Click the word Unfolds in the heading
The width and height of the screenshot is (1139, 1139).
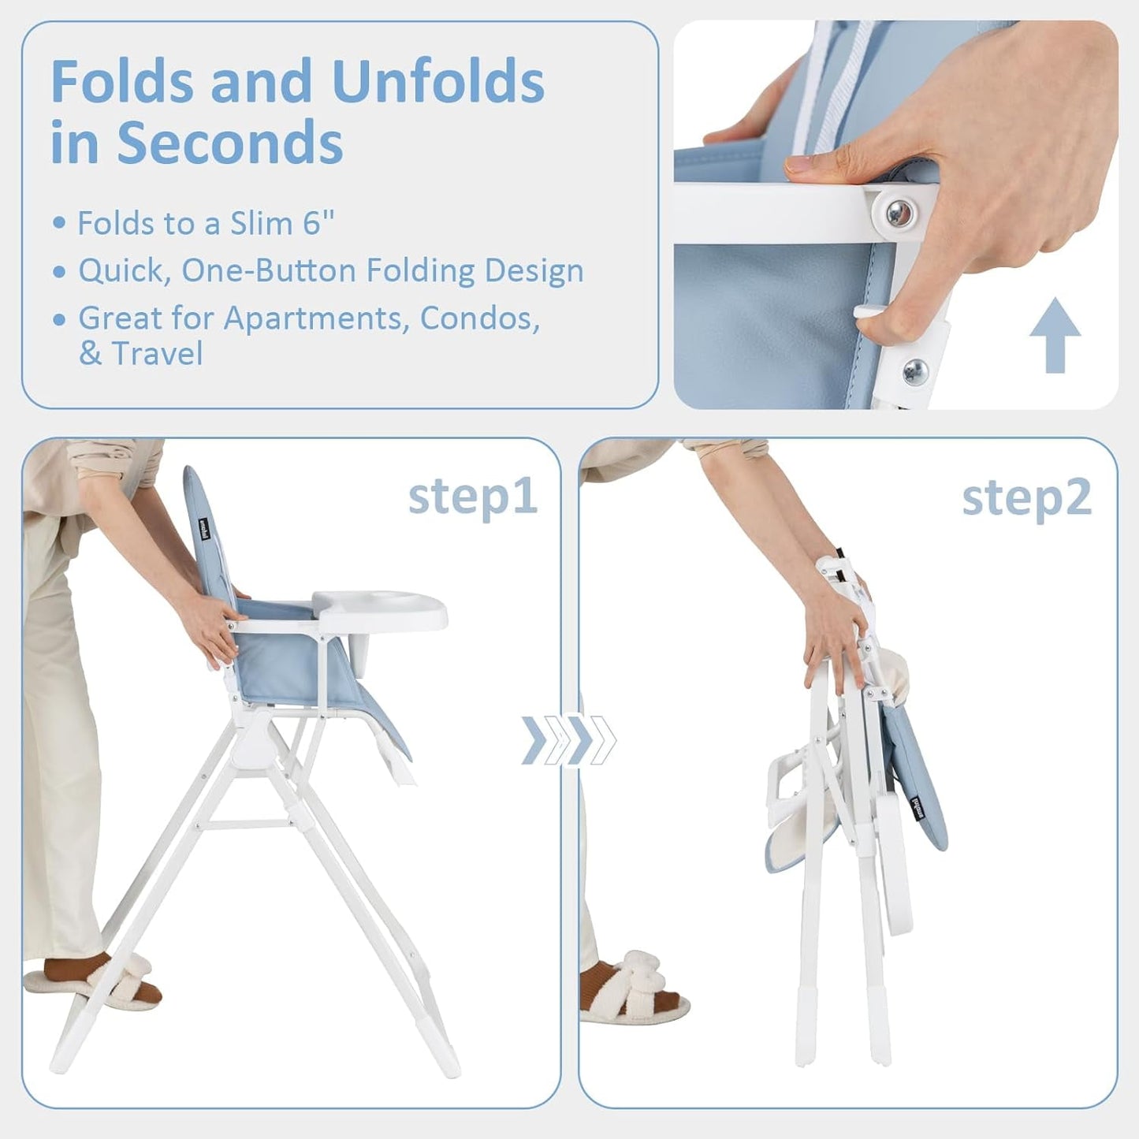(438, 81)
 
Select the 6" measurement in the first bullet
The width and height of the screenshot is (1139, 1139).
(318, 223)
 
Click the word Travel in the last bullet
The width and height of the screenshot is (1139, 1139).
(157, 353)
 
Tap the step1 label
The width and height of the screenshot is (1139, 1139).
(472, 497)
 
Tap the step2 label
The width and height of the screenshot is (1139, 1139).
(1026, 498)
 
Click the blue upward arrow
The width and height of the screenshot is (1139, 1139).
(1055, 334)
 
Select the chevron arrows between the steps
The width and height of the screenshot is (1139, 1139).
(568, 740)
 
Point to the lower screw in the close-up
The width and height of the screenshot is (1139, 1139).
(916, 370)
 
